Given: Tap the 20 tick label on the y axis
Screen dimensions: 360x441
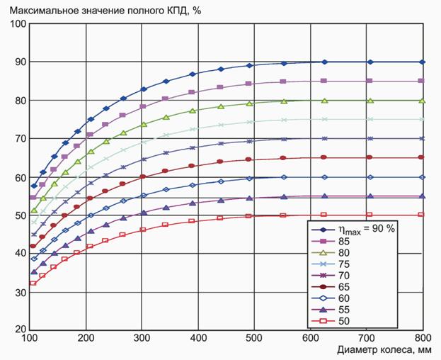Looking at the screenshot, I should pos(21,330).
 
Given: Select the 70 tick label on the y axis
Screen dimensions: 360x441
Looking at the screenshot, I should pos(21,138).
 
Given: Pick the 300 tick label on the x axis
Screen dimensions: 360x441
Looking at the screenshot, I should pos(142,339).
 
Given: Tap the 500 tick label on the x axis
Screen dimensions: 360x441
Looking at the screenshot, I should pos(255,339).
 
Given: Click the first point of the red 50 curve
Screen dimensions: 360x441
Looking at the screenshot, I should pos(33,283).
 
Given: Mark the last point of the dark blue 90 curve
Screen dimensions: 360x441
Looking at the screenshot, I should pos(423,62).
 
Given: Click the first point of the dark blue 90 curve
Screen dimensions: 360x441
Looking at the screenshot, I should pos(33,186).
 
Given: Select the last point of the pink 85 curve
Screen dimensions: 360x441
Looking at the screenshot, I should pos(423,81).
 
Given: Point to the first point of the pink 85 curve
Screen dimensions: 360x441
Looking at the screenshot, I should pos(33,198).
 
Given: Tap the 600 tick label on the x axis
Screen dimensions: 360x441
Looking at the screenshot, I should pos(311,339).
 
